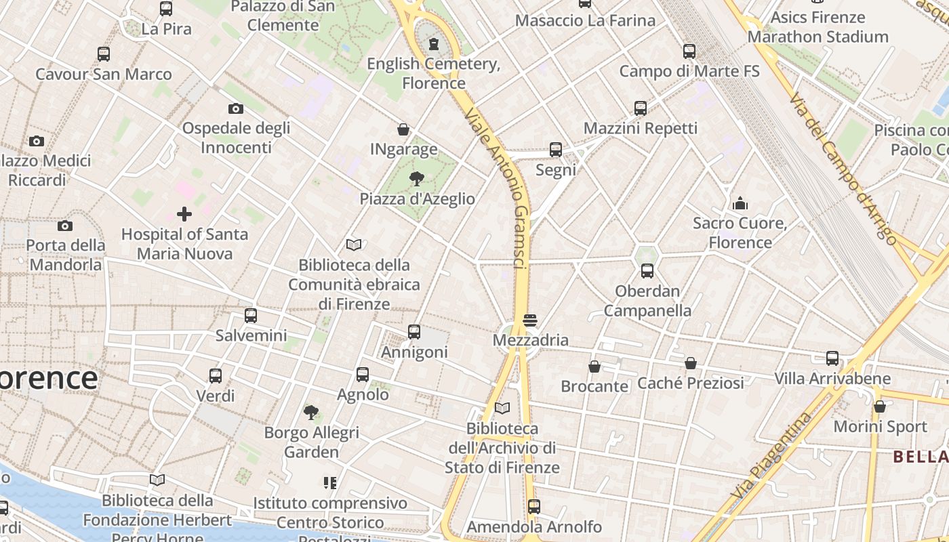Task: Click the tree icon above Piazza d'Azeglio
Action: (x=417, y=179)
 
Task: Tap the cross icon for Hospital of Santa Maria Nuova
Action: (x=184, y=215)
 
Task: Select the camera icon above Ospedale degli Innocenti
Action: (x=236, y=108)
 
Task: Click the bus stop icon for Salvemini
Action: (x=251, y=316)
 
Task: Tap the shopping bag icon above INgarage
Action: (x=403, y=129)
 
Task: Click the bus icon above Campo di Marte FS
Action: (x=689, y=51)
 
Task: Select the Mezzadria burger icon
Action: (x=530, y=320)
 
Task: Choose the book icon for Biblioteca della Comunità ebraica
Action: (x=354, y=245)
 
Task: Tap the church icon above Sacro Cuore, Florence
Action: (x=740, y=203)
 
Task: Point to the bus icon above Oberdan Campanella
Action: (x=647, y=272)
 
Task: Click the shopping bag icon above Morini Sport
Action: (x=880, y=407)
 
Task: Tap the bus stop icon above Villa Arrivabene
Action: (x=832, y=358)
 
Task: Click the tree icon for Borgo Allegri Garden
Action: (x=311, y=412)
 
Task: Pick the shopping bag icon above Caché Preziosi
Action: (x=691, y=364)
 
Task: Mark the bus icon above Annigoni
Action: (x=414, y=332)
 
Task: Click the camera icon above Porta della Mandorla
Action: (x=65, y=226)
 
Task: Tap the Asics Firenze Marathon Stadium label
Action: (x=818, y=27)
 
